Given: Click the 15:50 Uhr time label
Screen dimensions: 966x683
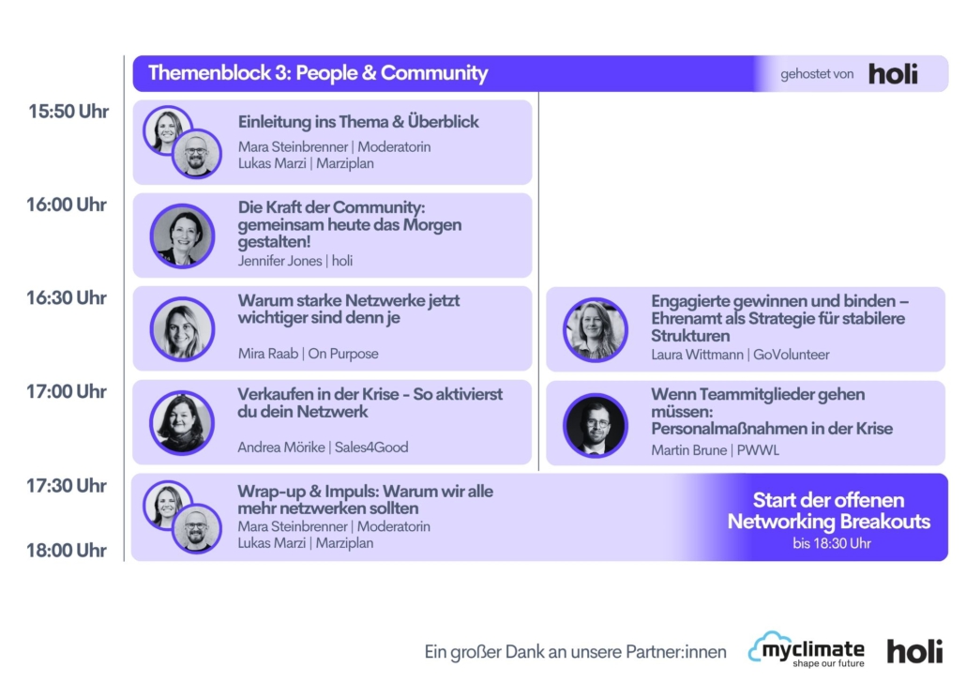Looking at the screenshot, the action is coord(68,112).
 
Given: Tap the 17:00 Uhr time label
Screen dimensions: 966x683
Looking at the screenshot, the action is coord(67,391).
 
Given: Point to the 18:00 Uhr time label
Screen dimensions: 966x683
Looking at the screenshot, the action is coord(67,550).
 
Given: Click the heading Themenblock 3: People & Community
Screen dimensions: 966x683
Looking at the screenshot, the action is coord(318,73).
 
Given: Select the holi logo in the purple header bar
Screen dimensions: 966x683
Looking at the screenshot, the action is coord(893,73).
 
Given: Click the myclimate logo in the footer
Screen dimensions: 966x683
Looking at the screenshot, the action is coord(807,650).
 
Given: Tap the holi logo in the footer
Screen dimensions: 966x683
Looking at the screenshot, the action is coord(914,651).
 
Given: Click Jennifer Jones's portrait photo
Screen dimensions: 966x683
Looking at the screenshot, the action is coord(182,235).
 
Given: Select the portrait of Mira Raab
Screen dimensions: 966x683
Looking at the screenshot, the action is coord(182,328).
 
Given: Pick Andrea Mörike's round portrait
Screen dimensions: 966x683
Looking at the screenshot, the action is coord(182,422).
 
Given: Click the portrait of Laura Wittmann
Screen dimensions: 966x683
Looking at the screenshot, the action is coord(596,330).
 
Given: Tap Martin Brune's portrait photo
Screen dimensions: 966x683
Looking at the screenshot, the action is coord(596,425).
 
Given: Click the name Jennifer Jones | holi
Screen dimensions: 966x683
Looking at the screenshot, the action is coord(295,261).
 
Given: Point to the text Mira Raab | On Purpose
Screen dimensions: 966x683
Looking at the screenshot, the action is coord(308,354).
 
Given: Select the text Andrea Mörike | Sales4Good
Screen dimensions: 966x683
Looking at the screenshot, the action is coord(323,447).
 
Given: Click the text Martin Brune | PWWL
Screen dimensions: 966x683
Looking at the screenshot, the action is coord(715,450).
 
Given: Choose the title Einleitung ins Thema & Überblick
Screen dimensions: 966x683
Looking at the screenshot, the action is coord(358,122).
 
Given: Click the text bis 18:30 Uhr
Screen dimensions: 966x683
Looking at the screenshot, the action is coord(832,543).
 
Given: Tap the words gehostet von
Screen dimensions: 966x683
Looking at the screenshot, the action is coord(817,74).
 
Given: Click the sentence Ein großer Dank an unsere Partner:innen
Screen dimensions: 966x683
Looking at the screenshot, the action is coord(576,651).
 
